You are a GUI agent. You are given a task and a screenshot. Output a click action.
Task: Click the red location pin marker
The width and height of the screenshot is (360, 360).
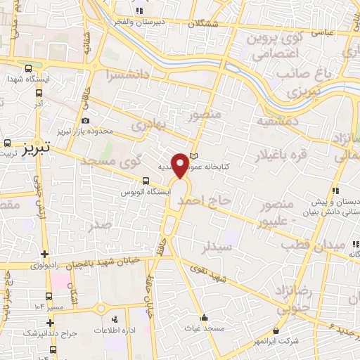click(x=181, y=165)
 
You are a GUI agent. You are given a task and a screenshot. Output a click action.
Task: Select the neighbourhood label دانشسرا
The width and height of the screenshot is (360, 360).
click(x=129, y=73)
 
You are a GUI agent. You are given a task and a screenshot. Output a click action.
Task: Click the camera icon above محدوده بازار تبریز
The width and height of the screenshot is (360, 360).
click(x=86, y=121)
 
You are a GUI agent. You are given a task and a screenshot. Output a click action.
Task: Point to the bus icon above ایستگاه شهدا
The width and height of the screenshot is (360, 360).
click(x=28, y=69)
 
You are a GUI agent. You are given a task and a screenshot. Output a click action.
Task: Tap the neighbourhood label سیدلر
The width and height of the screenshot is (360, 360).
click(x=216, y=247)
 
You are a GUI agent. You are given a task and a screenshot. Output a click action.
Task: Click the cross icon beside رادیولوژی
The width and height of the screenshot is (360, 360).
click(x=46, y=254)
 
